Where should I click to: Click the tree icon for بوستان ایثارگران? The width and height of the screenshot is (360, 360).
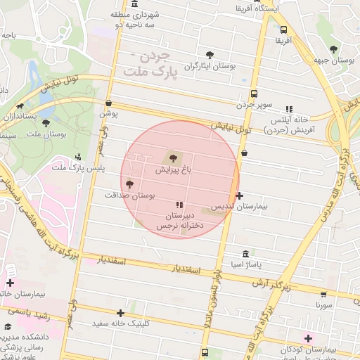click(x=210, y=55)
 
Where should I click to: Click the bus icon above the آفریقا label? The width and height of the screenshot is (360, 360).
click(x=283, y=30)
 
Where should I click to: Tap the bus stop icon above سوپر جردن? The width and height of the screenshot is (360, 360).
click(x=254, y=94)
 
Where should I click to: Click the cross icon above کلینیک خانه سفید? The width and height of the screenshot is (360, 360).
click(x=121, y=313)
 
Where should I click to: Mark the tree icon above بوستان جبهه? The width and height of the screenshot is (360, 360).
click(x=333, y=49)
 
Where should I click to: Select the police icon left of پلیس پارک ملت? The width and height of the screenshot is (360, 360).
click(x=78, y=157)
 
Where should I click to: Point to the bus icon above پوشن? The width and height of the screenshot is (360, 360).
click(x=108, y=103)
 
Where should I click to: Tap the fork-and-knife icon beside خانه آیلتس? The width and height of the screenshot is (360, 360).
click(x=288, y=109)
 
